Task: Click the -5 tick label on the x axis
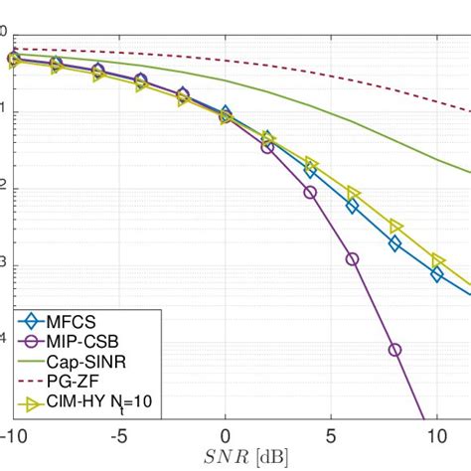coord(119,437)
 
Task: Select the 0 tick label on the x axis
coord(226,437)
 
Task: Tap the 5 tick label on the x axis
coord(331,437)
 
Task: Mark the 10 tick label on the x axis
coord(435,437)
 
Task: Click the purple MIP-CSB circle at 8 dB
coord(394,350)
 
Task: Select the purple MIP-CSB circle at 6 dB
coord(352,259)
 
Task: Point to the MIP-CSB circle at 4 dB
coord(310,192)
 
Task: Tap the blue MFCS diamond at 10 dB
coord(436,273)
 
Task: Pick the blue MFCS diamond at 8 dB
coord(394,243)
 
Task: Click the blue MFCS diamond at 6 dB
coord(352,207)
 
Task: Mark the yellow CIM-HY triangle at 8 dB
coord(395,227)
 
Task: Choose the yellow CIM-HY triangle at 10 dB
coord(437,260)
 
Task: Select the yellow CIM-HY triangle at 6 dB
coord(353,193)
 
